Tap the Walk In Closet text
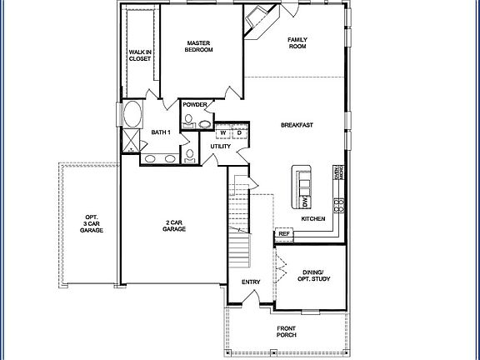(x=139, y=56)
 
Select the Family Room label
(x=297, y=42)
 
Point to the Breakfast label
(x=297, y=125)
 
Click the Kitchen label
(x=313, y=218)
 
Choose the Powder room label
(x=195, y=105)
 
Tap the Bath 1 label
(x=161, y=132)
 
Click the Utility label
(x=220, y=147)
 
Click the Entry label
(x=251, y=282)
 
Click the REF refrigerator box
(x=284, y=235)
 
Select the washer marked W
(x=223, y=132)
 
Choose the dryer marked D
(x=237, y=132)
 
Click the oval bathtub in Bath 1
(x=132, y=113)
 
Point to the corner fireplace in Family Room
(x=258, y=19)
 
